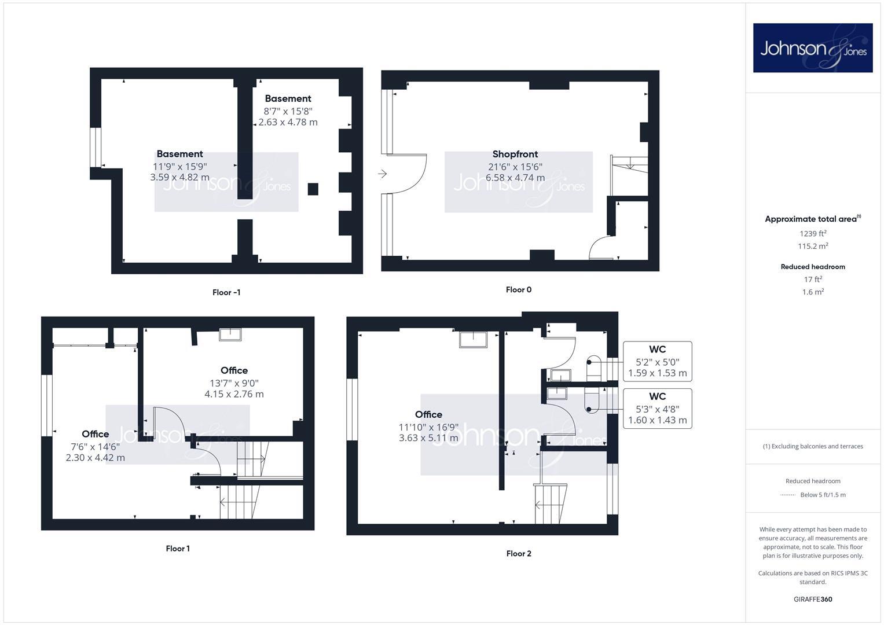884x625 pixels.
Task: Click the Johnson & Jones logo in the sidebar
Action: pyautogui.click(x=812, y=48)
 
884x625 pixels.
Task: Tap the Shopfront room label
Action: pyautogui.click(x=515, y=154)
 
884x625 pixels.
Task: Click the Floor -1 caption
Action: pyautogui.click(x=226, y=292)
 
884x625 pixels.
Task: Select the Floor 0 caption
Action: pyautogui.click(x=518, y=289)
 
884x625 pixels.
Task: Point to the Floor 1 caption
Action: pyautogui.click(x=178, y=548)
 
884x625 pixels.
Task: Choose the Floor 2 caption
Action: pyautogui.click(x=518, y=553)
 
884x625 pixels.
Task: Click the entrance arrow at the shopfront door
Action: pyautogui.click(x=382, y=174)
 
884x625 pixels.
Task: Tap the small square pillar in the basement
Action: pyautogui.click(x=313, y=189)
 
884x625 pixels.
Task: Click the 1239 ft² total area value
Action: pyautogui.click(x=813, y=234)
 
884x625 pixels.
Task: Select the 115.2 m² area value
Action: pyautogui.click(x=813, y=246)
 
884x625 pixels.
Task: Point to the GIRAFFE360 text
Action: pyautogui.click(x=813, y=599)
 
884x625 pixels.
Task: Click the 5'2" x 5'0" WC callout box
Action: pyautogui.click(x=657, y=362)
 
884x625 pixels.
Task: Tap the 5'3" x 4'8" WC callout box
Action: pyautogui.click(x=657, y=409)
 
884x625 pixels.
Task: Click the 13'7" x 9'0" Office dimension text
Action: pyautogui.click(x=234, y=383)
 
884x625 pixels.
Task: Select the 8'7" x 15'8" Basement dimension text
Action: pyautogui.click(x=288, y=111)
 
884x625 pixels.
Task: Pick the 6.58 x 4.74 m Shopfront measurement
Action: pyautogui.click(x=515, y=178)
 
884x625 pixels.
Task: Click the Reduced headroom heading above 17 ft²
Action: pyautogui.click(x=813, y=267)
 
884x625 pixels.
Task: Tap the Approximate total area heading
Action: pyautogui.click(x=813, y=219)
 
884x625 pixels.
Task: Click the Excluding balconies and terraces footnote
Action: pyautogui.click(x=813, y=446)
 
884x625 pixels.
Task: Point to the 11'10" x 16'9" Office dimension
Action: pyautogui.click(x=428, y=427)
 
